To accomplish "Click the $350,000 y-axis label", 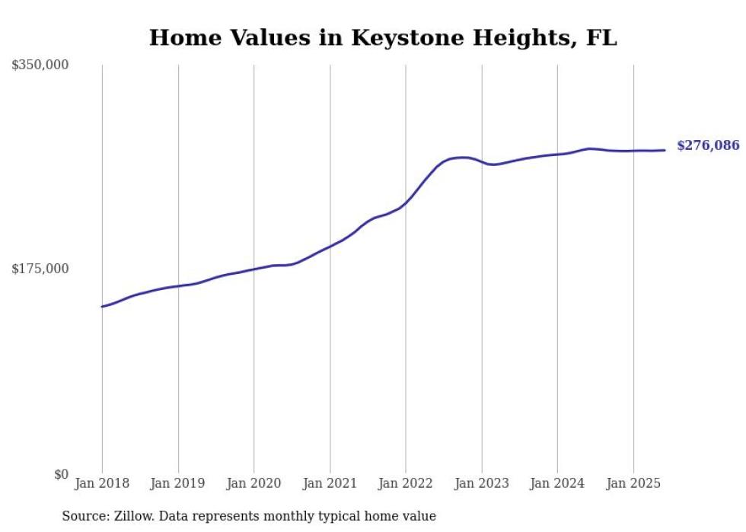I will tap(40, 65).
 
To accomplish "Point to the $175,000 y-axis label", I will tap(40, 269).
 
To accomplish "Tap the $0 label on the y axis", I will tap(61, 474).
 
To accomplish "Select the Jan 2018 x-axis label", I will tap(102, 483).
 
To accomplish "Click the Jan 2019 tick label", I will tap(178, 483).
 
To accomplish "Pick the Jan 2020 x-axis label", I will tap(253, 483).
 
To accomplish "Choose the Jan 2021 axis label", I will tap(330, 483).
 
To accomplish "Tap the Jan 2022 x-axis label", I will tap(406, 483).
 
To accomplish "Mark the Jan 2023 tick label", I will tap(481, 483).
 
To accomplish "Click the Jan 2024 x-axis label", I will tap(557, 483).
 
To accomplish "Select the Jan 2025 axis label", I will tap(633, 483).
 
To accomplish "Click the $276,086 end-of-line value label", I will tap(707, 145).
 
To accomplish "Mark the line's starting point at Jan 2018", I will tap(102, 307).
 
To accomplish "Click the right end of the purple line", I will tap(665, 150).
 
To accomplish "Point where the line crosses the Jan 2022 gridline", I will tap(406, 203).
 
